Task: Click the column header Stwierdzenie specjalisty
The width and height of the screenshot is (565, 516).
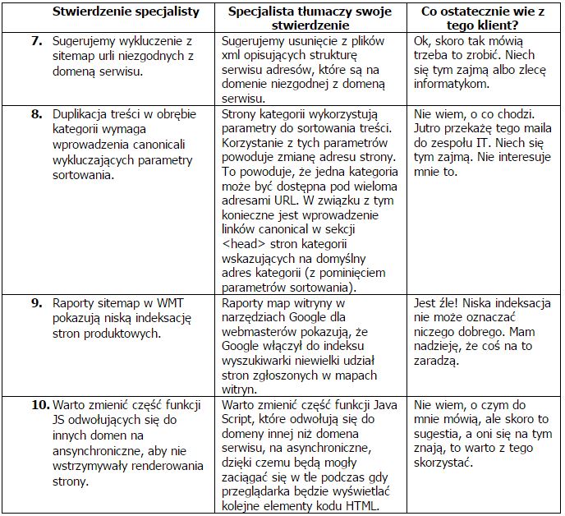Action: (x=126, y=12)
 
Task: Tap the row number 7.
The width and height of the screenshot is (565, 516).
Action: (x=38, y=40)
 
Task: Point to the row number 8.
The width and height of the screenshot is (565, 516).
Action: (x=38, y=113)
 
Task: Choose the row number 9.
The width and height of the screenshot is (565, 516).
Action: (x=38, y=302)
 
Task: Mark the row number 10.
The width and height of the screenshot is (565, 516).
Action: (x=39, y=405)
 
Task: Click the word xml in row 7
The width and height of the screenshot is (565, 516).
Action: (x=232, y=54)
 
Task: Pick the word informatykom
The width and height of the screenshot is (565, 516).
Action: (x=452, y=84)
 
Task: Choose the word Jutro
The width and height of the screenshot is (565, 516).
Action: (x=431, y=128)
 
